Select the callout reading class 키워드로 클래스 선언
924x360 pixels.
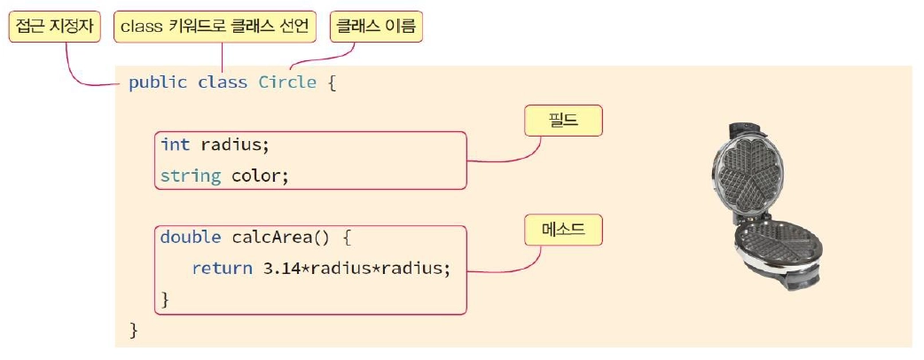pos(215,27)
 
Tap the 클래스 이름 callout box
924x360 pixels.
pos(376,27)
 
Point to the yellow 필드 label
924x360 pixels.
pos(563,121)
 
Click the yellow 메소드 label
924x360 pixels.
pos(563,231)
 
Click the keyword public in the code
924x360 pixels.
pos(158,82)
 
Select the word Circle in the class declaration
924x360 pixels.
pos(287,82)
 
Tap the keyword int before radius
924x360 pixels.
pos(175,145)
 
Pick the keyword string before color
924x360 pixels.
pos(191,176)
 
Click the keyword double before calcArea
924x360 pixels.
pos(191,238)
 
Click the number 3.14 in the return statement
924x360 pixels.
pos(283,269)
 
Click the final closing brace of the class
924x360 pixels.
pos(135,331)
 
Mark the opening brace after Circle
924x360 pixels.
pos(332,82)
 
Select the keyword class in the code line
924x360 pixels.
pos(222,82)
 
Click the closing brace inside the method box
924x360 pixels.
pos(165,300)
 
